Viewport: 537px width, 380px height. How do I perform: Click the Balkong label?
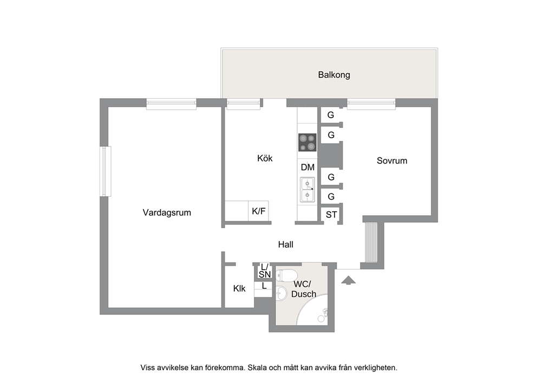pyautogui.click(x=334, y=75)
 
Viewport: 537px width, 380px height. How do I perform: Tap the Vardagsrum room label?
pyautogui.click(x=167, y=212)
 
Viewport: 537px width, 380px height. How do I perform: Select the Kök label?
pyautogui.click(x=265, y=158)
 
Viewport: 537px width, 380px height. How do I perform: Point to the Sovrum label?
pyautogui.click(x=392, y=160)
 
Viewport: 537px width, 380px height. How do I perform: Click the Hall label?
pyautogui.click(x=286, y=244)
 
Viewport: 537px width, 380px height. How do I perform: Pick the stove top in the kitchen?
pyautogui.click(x=307, y=143)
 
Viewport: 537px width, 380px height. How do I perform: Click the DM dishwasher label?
pyautogui.click(x=307, y=168)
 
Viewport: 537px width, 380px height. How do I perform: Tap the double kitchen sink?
pyautogui.click(x=307, y=190)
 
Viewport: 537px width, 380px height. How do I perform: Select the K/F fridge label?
pyautogui.click(x=259, y=211)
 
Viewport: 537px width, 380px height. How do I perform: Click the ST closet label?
pyautogui.click(x=331, y=215)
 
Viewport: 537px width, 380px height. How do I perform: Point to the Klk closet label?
pyautogui.click(x=239, y=289)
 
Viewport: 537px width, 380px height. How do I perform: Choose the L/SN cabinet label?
pyautogui.click(x=265, y=270)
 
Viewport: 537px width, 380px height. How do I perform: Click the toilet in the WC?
pyautogui.click(x=286, y=275)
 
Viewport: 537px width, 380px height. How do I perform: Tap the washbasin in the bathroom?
pyautogui.click(x=281, y=293)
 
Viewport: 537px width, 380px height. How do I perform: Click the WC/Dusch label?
pyautogui.click(x=304, y=289)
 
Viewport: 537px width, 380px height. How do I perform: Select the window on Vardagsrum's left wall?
pyautogui.click(x=106, y=171)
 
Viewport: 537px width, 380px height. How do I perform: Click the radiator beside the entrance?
pyautogui.click(x=371, y=242)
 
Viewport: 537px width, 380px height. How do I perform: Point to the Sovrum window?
pyautogui.click(x=371, y=104)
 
